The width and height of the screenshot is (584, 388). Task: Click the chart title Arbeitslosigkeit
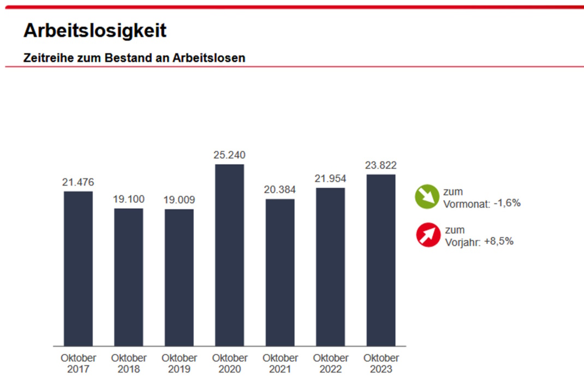[94, 31]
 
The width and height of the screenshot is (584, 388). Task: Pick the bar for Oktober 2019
[179, 277]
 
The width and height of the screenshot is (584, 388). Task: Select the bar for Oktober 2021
[280, 272]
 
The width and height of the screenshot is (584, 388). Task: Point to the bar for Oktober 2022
[330, 267]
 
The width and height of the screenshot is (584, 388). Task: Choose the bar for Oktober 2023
[381, 260]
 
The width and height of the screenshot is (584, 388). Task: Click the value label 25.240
[229, 156]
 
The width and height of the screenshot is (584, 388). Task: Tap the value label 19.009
[179, 200]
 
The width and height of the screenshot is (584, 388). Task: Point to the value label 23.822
[381, 165]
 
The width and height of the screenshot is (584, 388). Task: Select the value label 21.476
[78, 182]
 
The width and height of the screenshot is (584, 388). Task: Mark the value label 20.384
[280, 190]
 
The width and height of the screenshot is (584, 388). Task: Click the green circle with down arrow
[426, 197]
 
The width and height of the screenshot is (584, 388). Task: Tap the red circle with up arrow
[428, 235]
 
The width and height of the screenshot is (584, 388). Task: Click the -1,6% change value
[506, 203]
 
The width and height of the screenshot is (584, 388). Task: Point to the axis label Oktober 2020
[229, 363]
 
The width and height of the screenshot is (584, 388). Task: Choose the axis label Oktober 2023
[381, 363]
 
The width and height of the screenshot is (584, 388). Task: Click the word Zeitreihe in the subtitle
[44, 57]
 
